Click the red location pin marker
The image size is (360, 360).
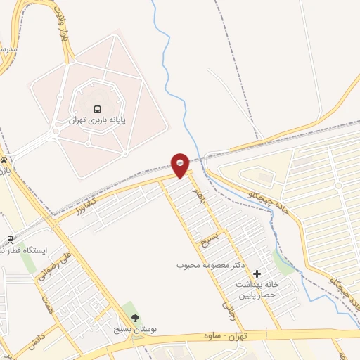(181, 166)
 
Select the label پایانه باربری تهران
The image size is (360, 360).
(97, 121)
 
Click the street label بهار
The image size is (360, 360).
(199, 187)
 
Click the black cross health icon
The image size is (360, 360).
(257, 273)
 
